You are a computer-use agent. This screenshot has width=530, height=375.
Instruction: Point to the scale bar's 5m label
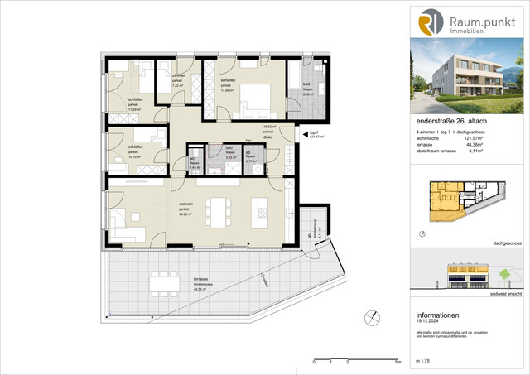[x=398, y=363]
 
